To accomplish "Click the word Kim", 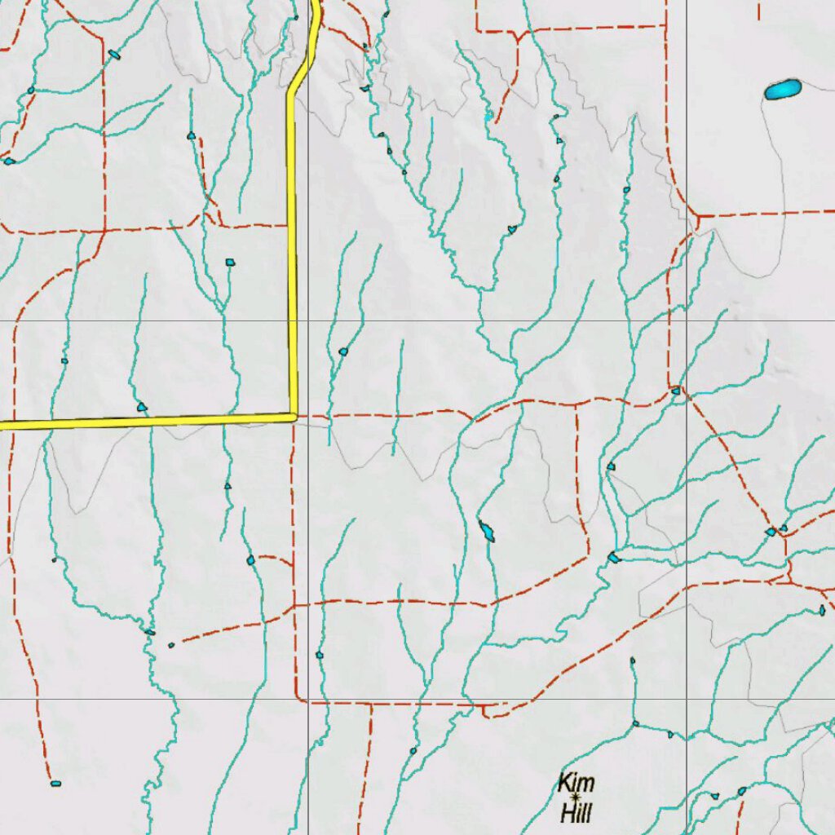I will point(576,784).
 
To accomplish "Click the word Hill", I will point(576,812).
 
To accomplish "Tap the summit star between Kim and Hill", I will point(577,797).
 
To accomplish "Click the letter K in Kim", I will point(565,784).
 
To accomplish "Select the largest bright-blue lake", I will point(783,89).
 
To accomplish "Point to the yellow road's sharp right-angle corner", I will point(294,417).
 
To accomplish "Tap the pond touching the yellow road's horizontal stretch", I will point(143,406).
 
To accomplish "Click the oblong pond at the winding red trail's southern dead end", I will point(55,784).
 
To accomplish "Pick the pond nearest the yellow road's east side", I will point(343,351).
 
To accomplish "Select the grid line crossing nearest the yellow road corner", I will point(307,321).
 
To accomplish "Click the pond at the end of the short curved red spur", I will point(251,560).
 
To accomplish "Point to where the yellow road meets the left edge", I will point(2,425).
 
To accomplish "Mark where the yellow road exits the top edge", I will point(314,2).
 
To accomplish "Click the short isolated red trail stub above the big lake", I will point(759,10).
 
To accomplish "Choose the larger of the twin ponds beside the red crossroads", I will point(770,532).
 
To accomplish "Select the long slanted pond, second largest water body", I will point(487,532).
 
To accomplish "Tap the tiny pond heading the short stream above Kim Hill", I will point(632,660).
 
